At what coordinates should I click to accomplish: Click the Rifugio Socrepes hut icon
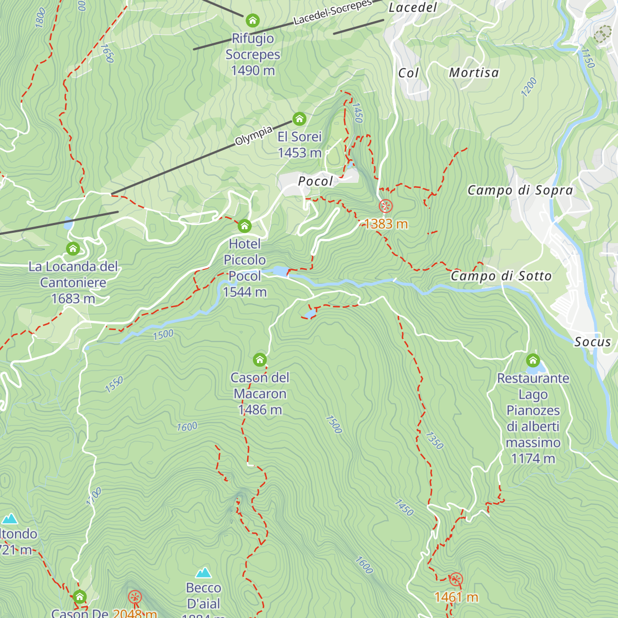tap(252, 21)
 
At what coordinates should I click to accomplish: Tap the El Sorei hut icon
tap(299, 119)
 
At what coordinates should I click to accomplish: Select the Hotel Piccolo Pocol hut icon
tap(245, 226)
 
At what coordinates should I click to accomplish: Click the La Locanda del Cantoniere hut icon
tap(73, 249)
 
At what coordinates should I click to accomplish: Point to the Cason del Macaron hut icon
tap(260, 359)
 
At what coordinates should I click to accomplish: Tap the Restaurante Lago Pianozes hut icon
tap(533, 360)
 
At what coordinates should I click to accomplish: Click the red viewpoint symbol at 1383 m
tap(386, 207)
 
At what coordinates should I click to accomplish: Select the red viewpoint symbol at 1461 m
tap(456, 579)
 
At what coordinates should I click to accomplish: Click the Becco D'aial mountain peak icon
tap(203, 573)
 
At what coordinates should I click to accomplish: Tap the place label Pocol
tap(316, 181)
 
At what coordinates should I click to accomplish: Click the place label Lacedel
tap(413, 8)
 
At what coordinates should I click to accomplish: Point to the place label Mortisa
tap(474, 73)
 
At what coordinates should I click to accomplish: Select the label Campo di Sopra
tap(520, 191)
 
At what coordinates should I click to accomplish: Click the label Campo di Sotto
tap(501, 276)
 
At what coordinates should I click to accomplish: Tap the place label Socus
tap(592, 342)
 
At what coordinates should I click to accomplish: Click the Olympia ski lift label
tap(253, 135)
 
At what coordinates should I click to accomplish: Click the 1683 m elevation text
tap(73, 299)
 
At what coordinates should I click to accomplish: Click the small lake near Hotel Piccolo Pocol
tap(278, 271)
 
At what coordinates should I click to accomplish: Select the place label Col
tap(408, 73)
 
